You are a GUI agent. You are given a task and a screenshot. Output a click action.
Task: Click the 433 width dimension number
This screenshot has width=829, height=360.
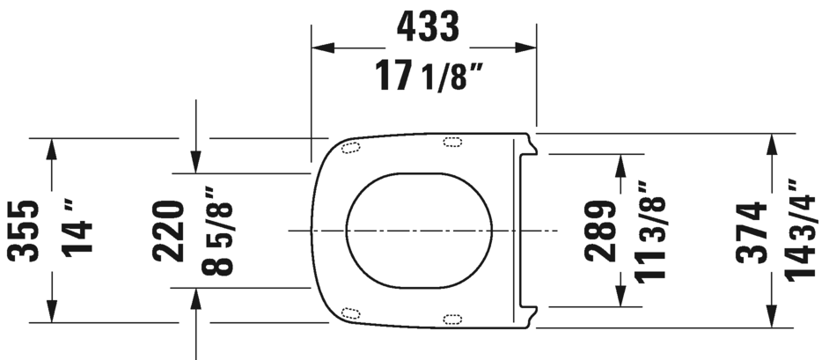[427, 28]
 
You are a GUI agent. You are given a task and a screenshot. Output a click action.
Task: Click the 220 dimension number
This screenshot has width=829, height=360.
[169, 231]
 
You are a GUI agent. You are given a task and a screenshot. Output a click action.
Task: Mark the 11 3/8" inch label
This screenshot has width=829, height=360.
[649, 231]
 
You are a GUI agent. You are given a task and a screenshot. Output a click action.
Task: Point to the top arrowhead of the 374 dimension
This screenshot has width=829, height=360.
[773, 144]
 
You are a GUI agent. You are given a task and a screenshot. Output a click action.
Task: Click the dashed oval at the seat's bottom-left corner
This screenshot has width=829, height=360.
[350, 312]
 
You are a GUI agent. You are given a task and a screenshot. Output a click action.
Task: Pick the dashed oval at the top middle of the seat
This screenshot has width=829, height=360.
[452, 142]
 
